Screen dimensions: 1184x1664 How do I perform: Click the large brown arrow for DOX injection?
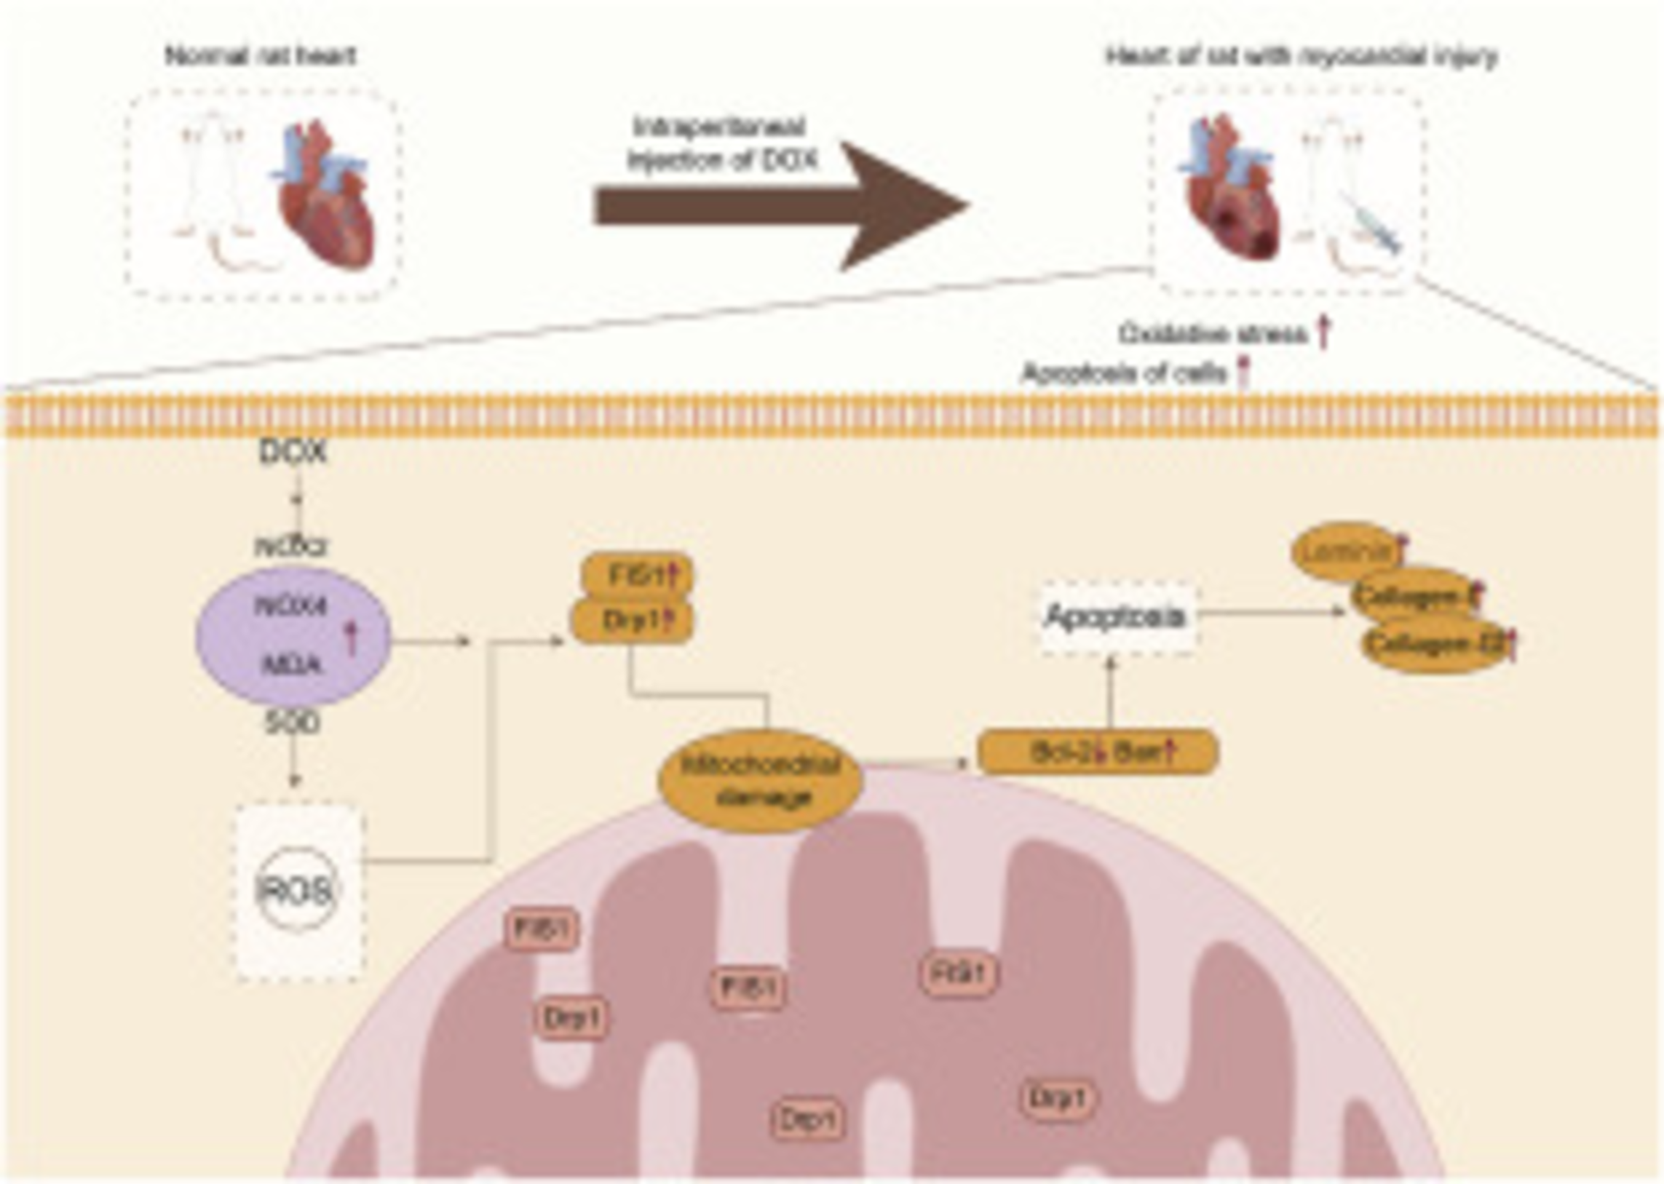click(x=780, y=206)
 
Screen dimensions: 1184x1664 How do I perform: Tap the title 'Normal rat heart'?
click(x=261, y=56)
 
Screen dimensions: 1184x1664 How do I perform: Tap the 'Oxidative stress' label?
click(x=1213, y=335)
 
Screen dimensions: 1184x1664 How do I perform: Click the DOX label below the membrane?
click(x=293, y=453)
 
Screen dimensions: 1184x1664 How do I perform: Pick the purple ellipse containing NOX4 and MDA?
click(x=293, y=636)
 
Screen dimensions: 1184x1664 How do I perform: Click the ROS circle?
click(x=297, y=889)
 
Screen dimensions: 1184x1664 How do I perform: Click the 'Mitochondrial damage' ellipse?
click(x=761, y=780)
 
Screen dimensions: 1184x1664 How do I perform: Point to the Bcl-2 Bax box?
click(x=1097, y=752)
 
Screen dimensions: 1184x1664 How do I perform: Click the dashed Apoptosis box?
click(x=1115, y=617)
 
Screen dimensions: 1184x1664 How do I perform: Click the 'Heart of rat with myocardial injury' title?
click(x=1302, y=56)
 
